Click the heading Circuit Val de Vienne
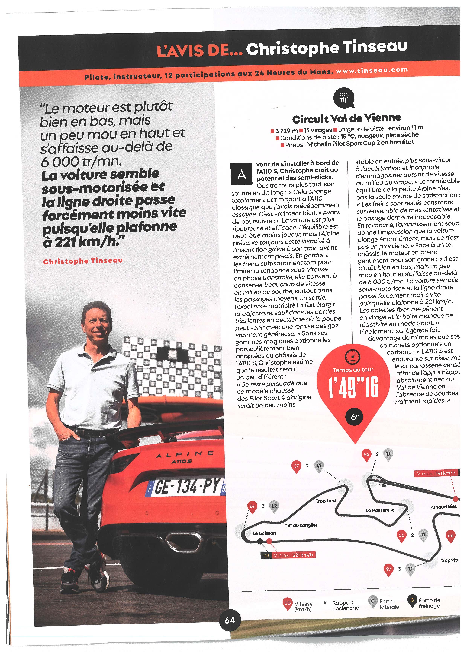click(x=346, y=118)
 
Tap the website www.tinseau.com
click(x=372, y=70)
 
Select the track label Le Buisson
click(x=264, y=533)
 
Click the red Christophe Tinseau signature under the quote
click(x=83, y=261)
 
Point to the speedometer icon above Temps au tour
click(x=353, y=357)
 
